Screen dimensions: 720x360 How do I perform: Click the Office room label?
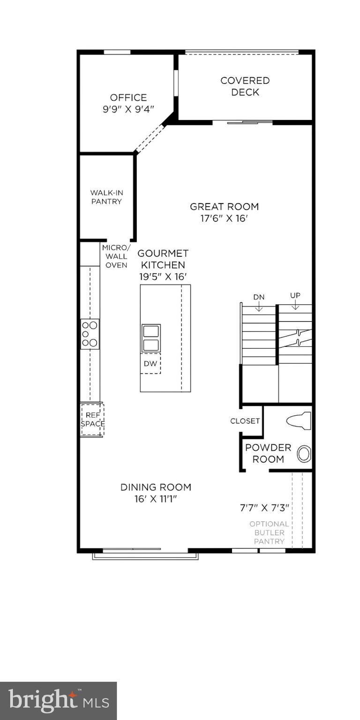point(128,97)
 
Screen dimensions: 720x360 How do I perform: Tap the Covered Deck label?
point(245,86)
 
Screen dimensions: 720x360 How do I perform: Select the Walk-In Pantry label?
point(106,197)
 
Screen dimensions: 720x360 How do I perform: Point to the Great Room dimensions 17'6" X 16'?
point(224,218)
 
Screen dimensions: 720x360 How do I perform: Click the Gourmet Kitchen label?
point(163,259)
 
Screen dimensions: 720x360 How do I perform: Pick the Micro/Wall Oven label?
point(116,256)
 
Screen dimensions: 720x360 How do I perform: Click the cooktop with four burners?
point(90,334)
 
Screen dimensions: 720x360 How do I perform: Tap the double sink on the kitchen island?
point(151,338)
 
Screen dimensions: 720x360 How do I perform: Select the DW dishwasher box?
point(150,364)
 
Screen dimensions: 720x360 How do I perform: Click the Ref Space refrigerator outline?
point(92,420)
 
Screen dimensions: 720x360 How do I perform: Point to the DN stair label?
point(259,297)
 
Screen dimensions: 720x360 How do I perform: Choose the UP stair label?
point(295,295)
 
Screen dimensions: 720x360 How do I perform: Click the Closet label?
point(245,421)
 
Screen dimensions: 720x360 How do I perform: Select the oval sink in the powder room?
point(305,453)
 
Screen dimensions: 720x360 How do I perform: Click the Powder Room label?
point(268,453)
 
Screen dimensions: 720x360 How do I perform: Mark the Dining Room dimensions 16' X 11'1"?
point(156,499)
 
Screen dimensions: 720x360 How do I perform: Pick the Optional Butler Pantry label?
point(269,532)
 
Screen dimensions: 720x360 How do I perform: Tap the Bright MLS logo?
point(58,701)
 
